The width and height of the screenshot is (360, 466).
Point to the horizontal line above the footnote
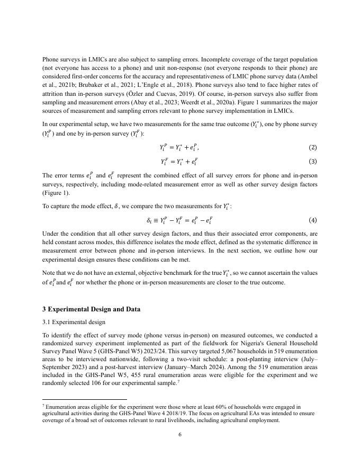(x=84, y=399)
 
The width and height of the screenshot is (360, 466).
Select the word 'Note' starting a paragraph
(x=49, y=273)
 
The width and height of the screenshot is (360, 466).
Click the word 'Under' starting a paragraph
(x=50, y=234)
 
